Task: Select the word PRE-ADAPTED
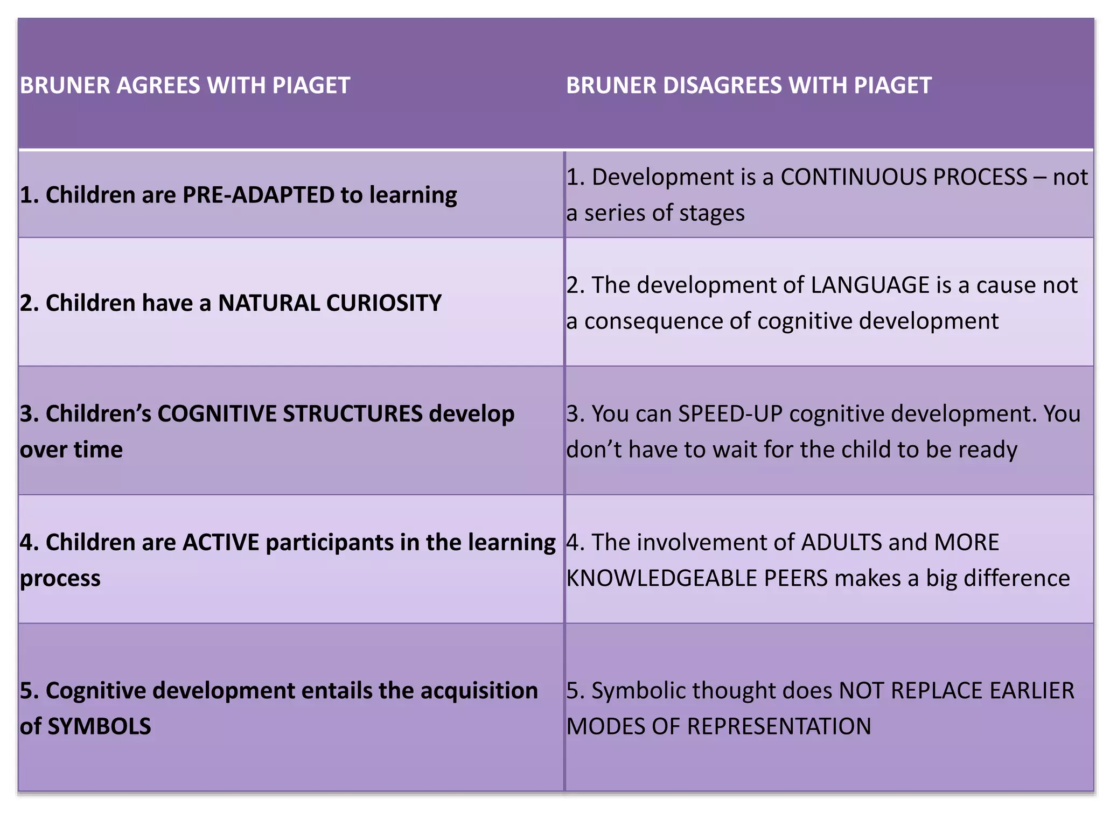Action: point(258,195)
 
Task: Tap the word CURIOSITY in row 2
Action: point(383,303)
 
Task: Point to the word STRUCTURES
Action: point(353,413)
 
